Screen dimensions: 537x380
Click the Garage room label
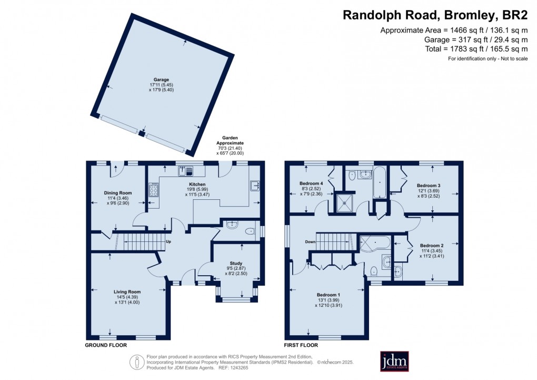[x=161, y=80]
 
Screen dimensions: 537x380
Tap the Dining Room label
[x=118, y=193]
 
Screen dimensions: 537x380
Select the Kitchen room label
[x=197, y=184]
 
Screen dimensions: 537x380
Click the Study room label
[x=236, y=264]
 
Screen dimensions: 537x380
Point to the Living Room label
[x=127, y=292]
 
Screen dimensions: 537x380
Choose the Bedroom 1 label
[x=329, y=295]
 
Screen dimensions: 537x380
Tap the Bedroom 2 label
[x=432, y=246]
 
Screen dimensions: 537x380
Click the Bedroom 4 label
[x=311, y=183]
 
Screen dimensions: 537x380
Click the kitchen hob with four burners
[x=154, y=190]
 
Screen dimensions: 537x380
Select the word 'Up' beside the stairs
[x=168, y=241]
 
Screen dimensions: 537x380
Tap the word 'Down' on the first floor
[x=310, y=242]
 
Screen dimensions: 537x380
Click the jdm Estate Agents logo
[x=394, y=361]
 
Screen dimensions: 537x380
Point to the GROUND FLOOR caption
[x=106, y=345]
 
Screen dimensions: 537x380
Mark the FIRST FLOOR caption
[x=301, y=345]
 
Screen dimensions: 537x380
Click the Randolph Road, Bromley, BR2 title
[x=435, y=15]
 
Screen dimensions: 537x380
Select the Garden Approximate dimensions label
[x=230, y=146]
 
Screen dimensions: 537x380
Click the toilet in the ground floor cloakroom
[x=251, y=231]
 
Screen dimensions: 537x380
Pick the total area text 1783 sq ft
[x=477, y=49]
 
